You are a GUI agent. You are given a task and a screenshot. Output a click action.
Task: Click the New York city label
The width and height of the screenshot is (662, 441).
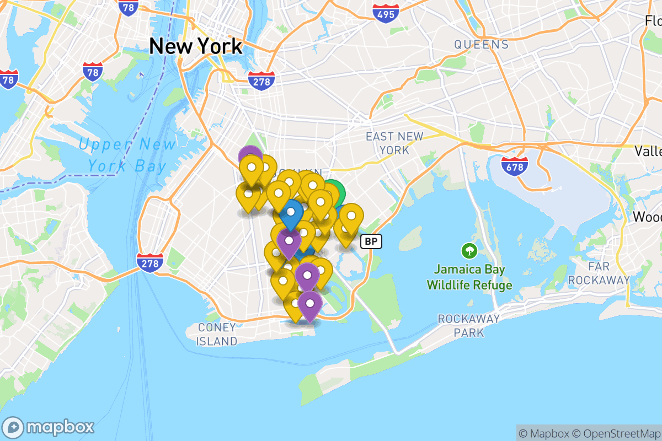coord(195,46)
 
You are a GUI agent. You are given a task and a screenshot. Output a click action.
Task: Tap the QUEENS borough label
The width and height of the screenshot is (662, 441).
coord(481,45)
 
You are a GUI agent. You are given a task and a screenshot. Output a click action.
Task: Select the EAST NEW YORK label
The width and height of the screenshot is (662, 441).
coord(395,143)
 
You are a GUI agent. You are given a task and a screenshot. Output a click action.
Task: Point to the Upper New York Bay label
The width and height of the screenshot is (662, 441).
coord(127,155)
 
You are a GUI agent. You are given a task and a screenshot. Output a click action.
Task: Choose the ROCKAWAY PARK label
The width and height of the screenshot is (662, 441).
coord(468,325)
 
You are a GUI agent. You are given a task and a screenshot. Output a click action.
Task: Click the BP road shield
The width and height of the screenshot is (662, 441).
coord(371,241)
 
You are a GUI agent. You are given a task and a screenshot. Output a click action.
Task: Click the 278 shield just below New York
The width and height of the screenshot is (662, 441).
coord(261,80)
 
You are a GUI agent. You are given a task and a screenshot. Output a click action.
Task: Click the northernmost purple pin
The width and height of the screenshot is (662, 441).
coord(250,156)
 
